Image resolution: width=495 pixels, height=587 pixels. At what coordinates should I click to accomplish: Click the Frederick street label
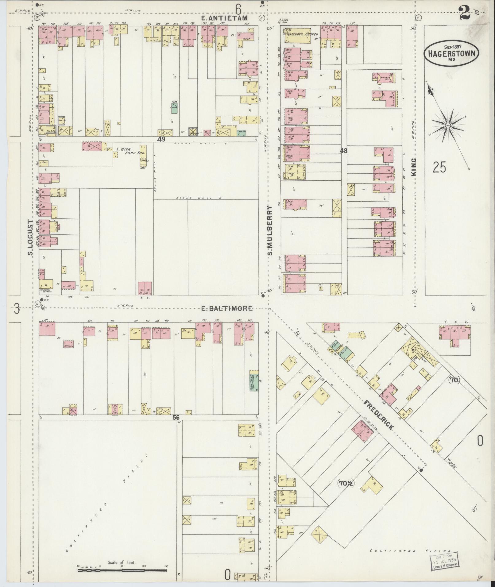click(379, 415)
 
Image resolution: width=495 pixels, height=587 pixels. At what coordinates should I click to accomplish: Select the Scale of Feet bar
click(122, 570)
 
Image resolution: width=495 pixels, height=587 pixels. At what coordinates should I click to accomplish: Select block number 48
click(343, 151)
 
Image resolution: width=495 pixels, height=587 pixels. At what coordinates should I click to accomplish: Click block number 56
click(176, 417)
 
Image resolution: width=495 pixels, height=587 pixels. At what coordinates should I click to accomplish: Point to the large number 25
click(439, 167)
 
